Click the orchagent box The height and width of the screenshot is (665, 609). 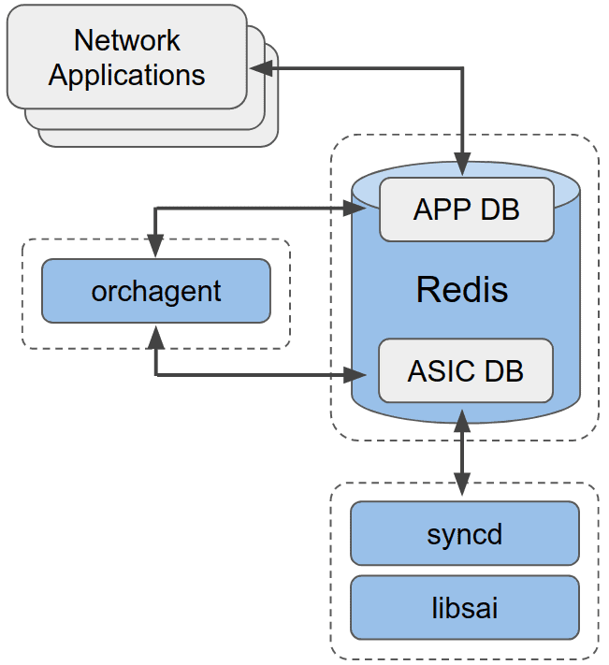156,291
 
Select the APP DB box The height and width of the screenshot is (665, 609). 466,210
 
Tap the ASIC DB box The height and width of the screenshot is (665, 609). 465,371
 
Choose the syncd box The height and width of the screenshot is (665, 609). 465,534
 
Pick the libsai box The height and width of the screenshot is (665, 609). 465,608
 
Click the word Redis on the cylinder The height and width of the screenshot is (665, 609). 462,289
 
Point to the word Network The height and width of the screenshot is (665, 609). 127,41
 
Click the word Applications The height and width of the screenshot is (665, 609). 127,75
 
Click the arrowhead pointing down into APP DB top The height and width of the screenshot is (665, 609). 463,165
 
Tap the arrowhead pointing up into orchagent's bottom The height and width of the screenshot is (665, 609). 155,334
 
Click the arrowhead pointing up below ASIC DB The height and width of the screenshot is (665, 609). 462,415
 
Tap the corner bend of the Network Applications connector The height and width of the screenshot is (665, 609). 463,68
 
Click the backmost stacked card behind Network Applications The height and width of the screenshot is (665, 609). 271,136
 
